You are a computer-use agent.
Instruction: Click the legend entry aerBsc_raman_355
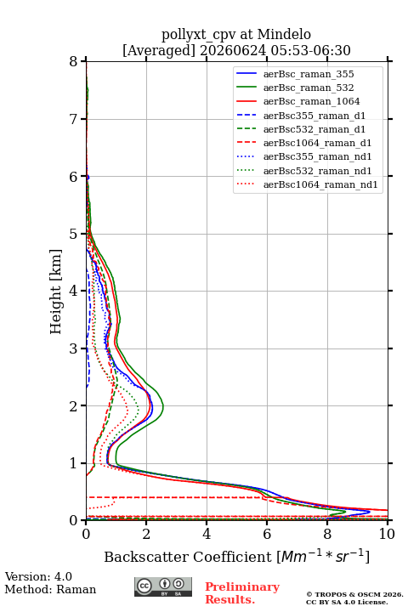tap(309, 74)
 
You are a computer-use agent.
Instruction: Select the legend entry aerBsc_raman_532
tap(309, 88)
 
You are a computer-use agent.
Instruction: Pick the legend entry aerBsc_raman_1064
tap(312, 101)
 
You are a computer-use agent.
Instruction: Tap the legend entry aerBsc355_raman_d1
tap(314, 116)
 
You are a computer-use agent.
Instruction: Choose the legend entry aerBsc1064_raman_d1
tap(317, 143)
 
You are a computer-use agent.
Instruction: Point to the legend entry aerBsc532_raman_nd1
tap(317, 171)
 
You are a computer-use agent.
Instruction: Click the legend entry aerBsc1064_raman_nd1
tap(320, 184)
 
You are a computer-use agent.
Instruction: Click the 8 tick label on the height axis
tap(74, 61)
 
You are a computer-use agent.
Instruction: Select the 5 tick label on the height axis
tap(74, 235)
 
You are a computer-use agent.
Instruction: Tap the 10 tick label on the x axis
tap(387, 534)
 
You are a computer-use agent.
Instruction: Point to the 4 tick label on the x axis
tap(207, 534)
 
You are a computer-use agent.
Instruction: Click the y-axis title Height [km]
tap(55, 292)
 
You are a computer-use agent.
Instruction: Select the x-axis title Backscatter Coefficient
tap(188, 557)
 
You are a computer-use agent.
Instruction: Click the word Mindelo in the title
tap(284, 34)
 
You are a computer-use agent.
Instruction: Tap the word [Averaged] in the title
tap(158, 50)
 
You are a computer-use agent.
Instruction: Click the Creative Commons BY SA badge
tap(163, 586)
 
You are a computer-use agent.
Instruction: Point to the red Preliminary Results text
tap(242, 593)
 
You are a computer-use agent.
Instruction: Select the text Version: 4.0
tap(38, 576)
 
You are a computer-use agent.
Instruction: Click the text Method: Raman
tap(50, 589)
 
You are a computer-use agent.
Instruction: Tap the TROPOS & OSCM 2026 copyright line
tap(354, 594)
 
